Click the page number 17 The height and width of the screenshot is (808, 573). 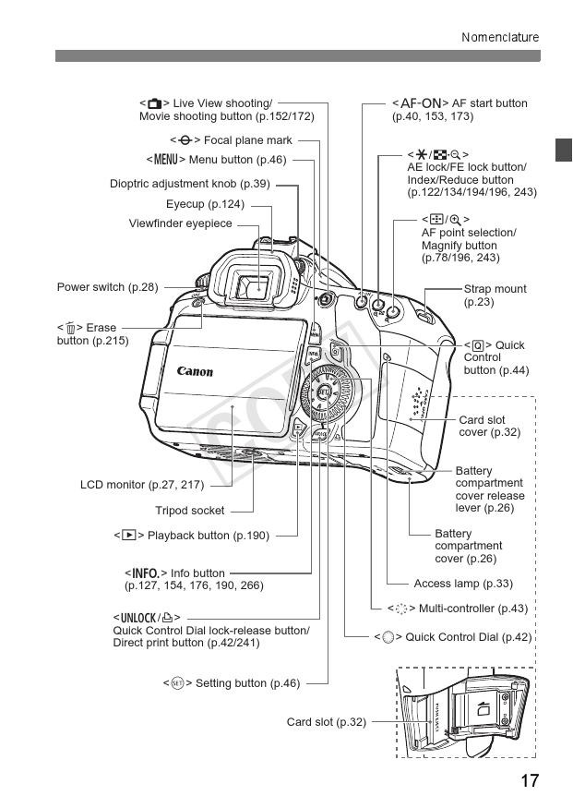pyautogui.click(x=529, y=781)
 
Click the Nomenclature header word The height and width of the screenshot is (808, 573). pyautogui.click(x=500, y=38)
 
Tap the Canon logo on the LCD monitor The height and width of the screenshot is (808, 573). pyautogui.click(x=195, y=372)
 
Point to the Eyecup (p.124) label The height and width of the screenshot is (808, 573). pyautogui.click(x=205, y=204)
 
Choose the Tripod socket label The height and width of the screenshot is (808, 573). pyautogui.click(x=189, y=511)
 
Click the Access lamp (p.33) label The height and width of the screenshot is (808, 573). pyautogui.click(x=463, y=584)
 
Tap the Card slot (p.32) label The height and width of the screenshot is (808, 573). pyautogui.click(x=326, y=722)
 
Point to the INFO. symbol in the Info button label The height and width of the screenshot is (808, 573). pyautogui.click(x=146, y=573)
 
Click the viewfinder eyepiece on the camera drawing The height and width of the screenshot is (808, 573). pyautogui.click(x=258, y=289)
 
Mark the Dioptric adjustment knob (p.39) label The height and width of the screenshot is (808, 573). pyautogui.click(x=190, y=184)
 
